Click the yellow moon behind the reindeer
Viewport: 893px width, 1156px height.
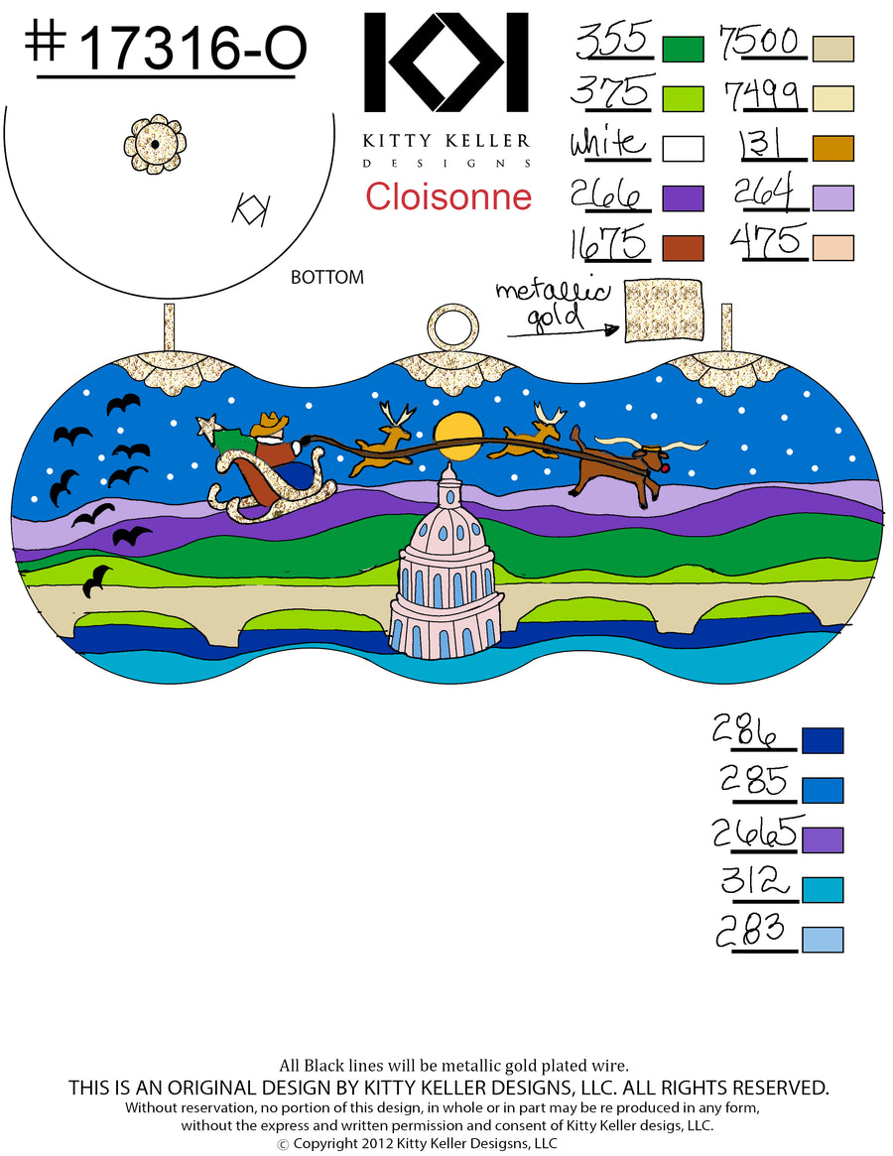(458, 436)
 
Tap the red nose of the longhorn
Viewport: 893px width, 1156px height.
(668, 466)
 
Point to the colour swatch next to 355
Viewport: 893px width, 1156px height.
(683, 49)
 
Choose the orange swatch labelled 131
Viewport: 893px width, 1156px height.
(833, 148)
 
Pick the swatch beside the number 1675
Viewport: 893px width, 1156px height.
(683, 248)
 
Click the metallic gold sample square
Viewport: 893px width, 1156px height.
(663, 311)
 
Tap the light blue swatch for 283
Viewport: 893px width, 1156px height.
(823, 940)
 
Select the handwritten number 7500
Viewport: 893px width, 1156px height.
(759, 43)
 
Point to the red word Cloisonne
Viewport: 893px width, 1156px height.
(448, 196)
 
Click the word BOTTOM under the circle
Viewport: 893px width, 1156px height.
(327, 277)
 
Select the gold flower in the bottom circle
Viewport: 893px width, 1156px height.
(155, 144)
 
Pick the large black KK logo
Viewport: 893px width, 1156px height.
(446, 63)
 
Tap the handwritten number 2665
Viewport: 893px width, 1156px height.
(756, 833)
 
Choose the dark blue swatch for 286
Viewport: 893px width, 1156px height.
(823, 740)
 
